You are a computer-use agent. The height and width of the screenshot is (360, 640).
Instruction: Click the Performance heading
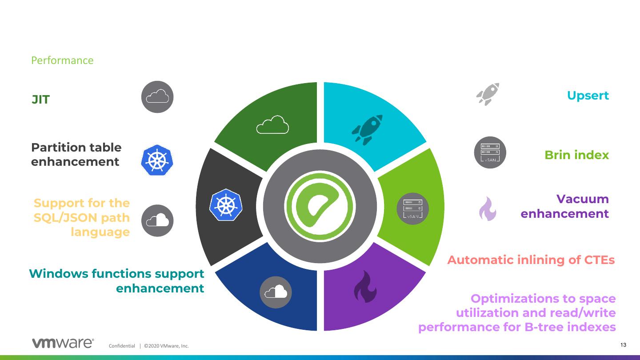pos(62,60)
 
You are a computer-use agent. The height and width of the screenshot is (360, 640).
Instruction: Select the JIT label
pos(40,100)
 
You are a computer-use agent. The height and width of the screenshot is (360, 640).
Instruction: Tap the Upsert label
pos(588,96)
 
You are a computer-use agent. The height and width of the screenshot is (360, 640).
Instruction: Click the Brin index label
pos(576,155)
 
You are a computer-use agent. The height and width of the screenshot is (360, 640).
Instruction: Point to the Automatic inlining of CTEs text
pos(531,260)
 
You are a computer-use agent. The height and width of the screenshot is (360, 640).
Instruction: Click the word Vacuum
pos(582,199)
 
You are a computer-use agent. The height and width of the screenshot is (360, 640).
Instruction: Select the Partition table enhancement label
pos(76,155)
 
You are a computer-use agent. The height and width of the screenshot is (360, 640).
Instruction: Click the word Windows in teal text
pos(58,274)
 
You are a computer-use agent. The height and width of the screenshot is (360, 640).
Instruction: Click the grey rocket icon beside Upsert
pos(488,94)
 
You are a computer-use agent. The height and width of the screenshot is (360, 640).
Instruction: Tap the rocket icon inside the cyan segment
pos(367,130)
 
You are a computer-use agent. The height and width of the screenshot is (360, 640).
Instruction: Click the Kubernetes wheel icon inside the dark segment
pos(225,204)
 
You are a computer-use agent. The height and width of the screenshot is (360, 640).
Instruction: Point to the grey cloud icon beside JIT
pos(157,97)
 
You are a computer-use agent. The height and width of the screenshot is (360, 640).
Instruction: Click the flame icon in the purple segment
pos(365,287)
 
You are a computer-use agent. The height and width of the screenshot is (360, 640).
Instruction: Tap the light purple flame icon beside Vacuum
pos(488,208)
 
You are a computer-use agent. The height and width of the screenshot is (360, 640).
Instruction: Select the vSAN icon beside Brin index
pos(490,152)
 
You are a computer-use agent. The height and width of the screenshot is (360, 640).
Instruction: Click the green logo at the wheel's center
pos(320,206)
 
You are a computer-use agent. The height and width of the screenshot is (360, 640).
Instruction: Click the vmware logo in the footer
pos(62,344)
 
